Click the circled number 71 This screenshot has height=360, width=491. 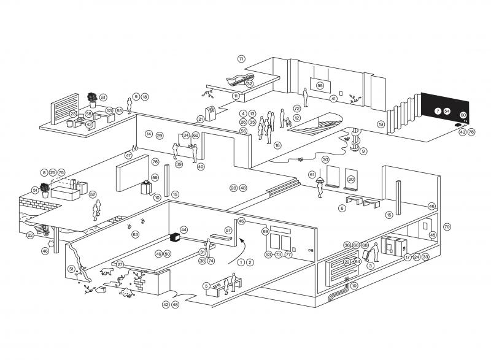point(241,59)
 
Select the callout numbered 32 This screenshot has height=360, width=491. point(249,83)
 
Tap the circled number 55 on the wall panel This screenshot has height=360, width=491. point(320,86)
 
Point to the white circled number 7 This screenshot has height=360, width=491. point(438,111)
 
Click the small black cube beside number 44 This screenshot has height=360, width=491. point(174,236)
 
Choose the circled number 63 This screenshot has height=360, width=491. point(136,234)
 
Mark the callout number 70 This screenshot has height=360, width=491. point(447,226)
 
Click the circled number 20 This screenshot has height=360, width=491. point(351,179)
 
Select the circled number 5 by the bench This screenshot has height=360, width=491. point(206,285)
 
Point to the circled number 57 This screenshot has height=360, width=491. point(228,230)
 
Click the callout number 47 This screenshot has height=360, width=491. point(128,155)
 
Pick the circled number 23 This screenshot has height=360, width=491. point(72,113)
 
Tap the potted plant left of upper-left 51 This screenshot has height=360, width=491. point(92,98)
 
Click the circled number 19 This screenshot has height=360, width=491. point(381,124)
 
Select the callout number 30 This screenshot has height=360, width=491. point(325,159)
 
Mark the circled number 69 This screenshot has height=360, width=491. point(265,231)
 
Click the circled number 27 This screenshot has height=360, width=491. point(120,264)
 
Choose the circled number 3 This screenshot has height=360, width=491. point(370,266)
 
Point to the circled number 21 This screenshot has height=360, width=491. point(200,119)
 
